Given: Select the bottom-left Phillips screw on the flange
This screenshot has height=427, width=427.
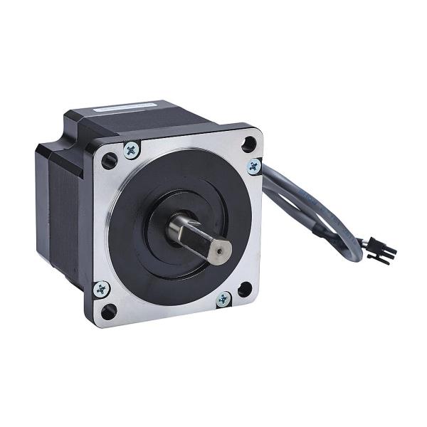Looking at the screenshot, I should pyautogui.click(x=102, y=288).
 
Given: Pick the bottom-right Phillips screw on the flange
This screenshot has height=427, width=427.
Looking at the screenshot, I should pyautogui.click(x=223, y=298).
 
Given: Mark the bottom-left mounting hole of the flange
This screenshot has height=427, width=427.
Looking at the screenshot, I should pyautogui.click(x=110, y=311).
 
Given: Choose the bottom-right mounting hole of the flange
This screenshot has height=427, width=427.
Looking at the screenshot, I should pyautogui.click(x=244, y=289).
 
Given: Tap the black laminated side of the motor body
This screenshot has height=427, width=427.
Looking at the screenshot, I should pyautogui.click(x=60, y=213).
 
